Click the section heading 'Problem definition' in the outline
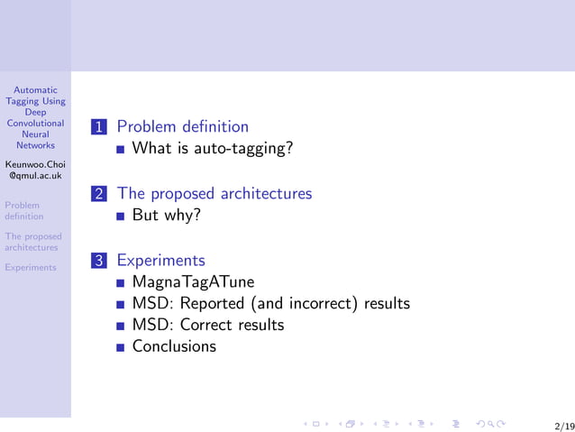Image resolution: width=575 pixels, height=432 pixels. (x=183, y=126)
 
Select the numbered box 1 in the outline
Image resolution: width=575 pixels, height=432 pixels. (x=99, y=127)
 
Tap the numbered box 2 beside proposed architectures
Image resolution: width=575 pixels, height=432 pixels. (x=99, y=194)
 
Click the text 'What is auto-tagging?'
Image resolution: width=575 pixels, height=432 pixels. (x=213, y=148)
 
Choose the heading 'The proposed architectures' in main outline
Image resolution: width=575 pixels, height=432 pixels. (x=214, y=194)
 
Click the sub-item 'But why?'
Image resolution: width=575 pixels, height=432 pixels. (x=166, y=216)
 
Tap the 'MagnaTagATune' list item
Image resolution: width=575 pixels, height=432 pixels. (x=193, y=282)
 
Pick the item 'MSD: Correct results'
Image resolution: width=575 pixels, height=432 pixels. (x=207, y=325)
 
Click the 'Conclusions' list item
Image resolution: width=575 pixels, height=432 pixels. (x=174, y=346)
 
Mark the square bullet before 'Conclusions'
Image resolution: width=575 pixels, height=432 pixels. (x=121, y=347)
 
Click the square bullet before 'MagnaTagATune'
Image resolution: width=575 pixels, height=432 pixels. (x=121, y=282)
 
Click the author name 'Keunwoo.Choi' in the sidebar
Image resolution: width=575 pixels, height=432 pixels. (x=35, y=165)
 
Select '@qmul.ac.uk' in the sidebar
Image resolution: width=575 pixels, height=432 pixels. (x=35, y=177)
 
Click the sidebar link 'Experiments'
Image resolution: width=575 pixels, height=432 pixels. (x=30, y=267)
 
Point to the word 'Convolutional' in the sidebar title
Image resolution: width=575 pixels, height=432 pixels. (x=35, y=124)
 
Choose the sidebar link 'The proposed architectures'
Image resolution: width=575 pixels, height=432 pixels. (x=32, y=242)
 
